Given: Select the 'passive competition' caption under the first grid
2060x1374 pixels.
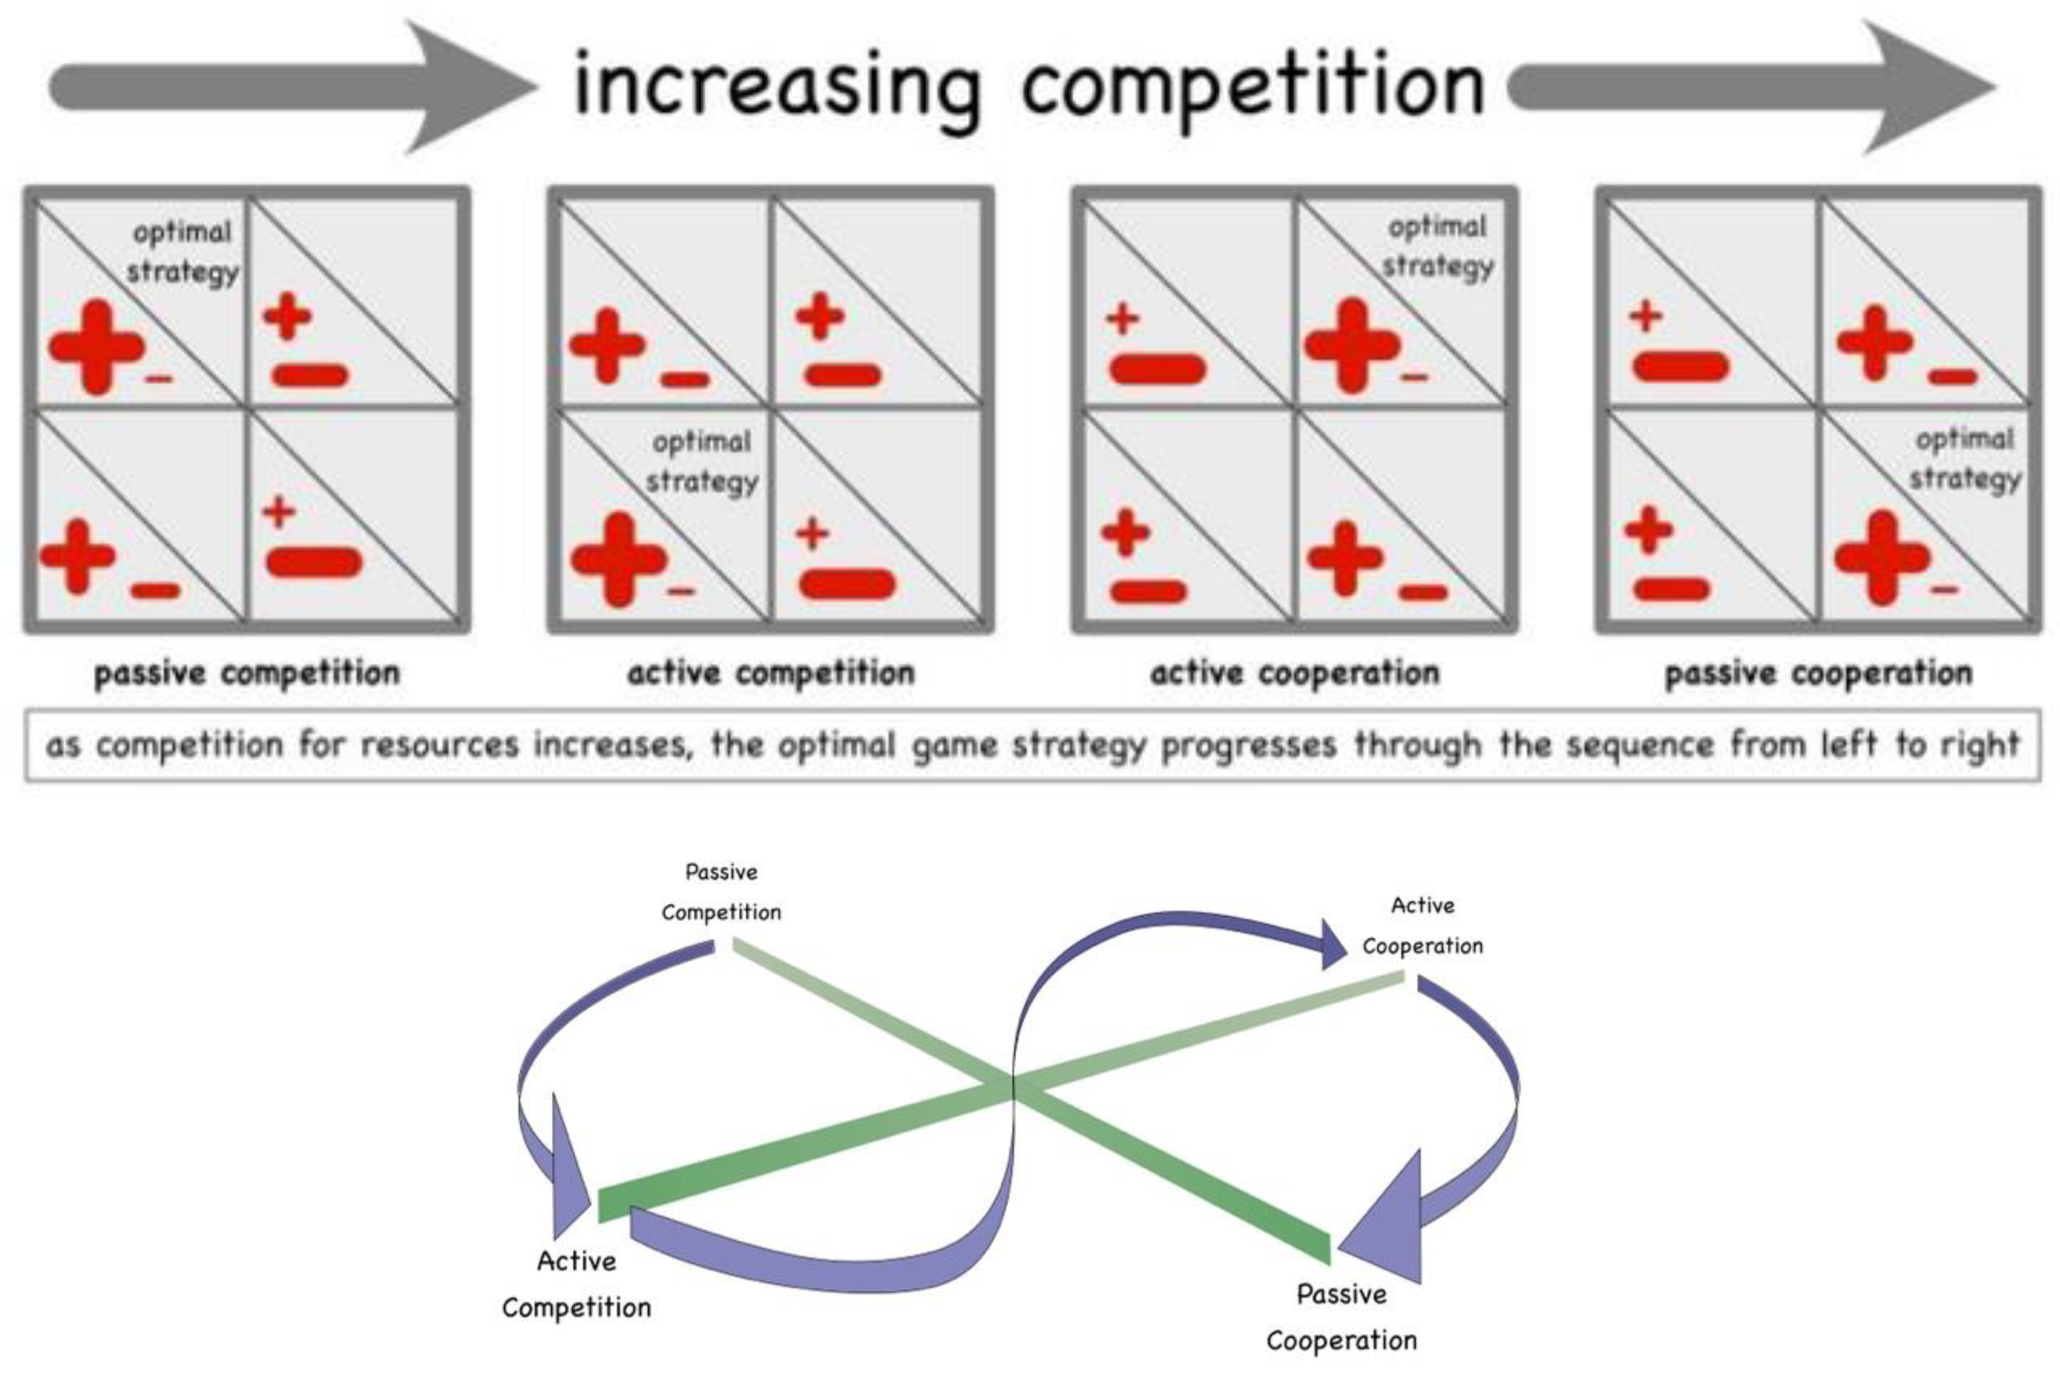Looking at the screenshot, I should pos(247,673).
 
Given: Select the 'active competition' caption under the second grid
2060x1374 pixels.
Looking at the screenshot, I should pos(771,673).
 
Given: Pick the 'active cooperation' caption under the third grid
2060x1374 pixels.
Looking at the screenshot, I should pos(1295,673).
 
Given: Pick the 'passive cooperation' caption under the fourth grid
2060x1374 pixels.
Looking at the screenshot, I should pos(1818,673).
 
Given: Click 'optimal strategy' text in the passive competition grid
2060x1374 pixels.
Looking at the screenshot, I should pos(182,252).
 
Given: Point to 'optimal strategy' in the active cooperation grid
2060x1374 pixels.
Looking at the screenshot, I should pos(1438,246).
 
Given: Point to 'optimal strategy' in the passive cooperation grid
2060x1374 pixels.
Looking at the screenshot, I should pos(1964,459).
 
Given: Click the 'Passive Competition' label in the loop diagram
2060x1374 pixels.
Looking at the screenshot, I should pos(721,892).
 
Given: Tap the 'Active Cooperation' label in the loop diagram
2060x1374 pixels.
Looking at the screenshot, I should pos(1422,925).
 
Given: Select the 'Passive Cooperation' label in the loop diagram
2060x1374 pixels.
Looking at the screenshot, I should pos(1341,1317).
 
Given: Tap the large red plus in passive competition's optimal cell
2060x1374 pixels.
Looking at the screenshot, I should pos(96,347).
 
